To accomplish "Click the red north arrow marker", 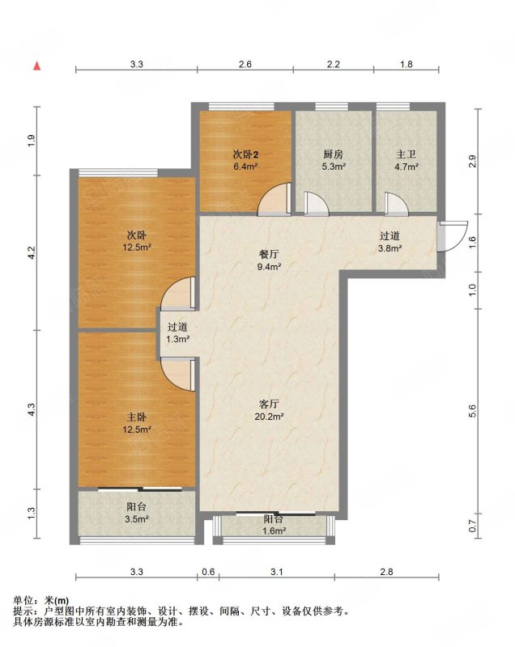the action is tap(37, 66).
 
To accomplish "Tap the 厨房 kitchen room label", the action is tap(333, 154).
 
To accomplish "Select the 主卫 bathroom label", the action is tap(406, 154).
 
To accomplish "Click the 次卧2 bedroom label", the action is tap(245, 154).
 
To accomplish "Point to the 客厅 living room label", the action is tap(269, 404).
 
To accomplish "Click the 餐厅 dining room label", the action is tap(269, 255).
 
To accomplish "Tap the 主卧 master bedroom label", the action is tap(136, 417).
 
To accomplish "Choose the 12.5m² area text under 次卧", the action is tap(136, 247).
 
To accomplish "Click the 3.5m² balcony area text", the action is tap(136, 519).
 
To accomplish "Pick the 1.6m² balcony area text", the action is tap(274, 531).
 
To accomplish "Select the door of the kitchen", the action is tap(317, 204).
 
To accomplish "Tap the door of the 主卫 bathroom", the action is tap(397, 204).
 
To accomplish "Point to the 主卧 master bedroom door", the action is tap(177, 375).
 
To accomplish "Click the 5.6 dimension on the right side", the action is tap(472, 411).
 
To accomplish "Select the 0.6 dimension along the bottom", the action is tap(208, 572).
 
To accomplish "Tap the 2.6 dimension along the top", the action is tap(245, 64).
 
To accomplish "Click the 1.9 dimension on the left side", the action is tap(32, 141).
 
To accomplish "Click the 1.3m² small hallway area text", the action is tap(177, 339).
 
